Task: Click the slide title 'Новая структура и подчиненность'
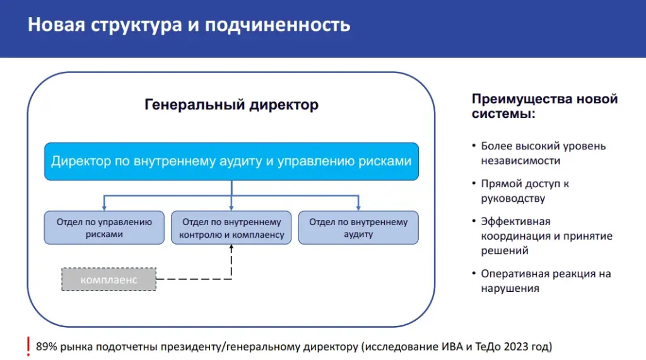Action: [x=189, y=26]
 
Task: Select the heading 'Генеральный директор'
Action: [x=232, y=105]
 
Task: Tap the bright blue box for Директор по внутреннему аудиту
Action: [x=232, y=161]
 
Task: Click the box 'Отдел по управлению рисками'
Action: [x=104, y=228]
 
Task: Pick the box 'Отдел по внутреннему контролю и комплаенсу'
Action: [x=232, y=228]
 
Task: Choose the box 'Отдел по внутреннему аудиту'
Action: [x=358, y=228]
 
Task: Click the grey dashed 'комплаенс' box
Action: [x=109, y=279]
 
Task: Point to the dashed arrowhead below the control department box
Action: [x=232, y=248]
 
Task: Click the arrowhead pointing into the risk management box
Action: [x=104, y=207]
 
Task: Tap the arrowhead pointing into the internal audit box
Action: [x=358, y=207]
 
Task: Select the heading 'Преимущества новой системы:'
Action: [x=544, y=106]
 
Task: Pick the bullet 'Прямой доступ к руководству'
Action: [x=525, y=190]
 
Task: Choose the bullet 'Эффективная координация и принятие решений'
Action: [x=546, y=236]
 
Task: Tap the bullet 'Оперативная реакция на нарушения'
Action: [x=546, y=281]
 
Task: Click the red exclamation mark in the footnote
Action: [x=28, y=346]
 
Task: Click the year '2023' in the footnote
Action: [x=515, y=346]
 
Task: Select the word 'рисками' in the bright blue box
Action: [x=385, y=161]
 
